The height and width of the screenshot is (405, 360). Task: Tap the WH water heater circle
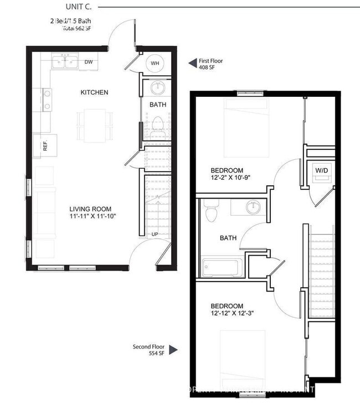click(155, 63)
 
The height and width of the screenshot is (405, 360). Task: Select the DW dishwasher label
click(89, 63)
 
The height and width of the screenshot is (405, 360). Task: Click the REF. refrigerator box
click(45, 146)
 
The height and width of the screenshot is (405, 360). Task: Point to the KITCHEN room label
click(94, 92)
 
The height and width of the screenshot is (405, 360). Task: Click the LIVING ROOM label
click(92, 209)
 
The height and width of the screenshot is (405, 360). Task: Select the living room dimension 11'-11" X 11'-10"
click(92, 216)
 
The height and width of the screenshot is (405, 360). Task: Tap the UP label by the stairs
click(156, 234)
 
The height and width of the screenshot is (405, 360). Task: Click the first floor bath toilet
click(157, 123)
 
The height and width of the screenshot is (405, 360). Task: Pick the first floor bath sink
click(157, 87)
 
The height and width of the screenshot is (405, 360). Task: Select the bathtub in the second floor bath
click(220, 267)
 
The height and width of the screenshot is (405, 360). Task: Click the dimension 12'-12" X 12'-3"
click(234, 314)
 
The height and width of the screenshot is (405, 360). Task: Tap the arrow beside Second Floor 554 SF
click(173, 350)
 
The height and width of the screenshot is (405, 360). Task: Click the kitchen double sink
click(65, 62)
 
